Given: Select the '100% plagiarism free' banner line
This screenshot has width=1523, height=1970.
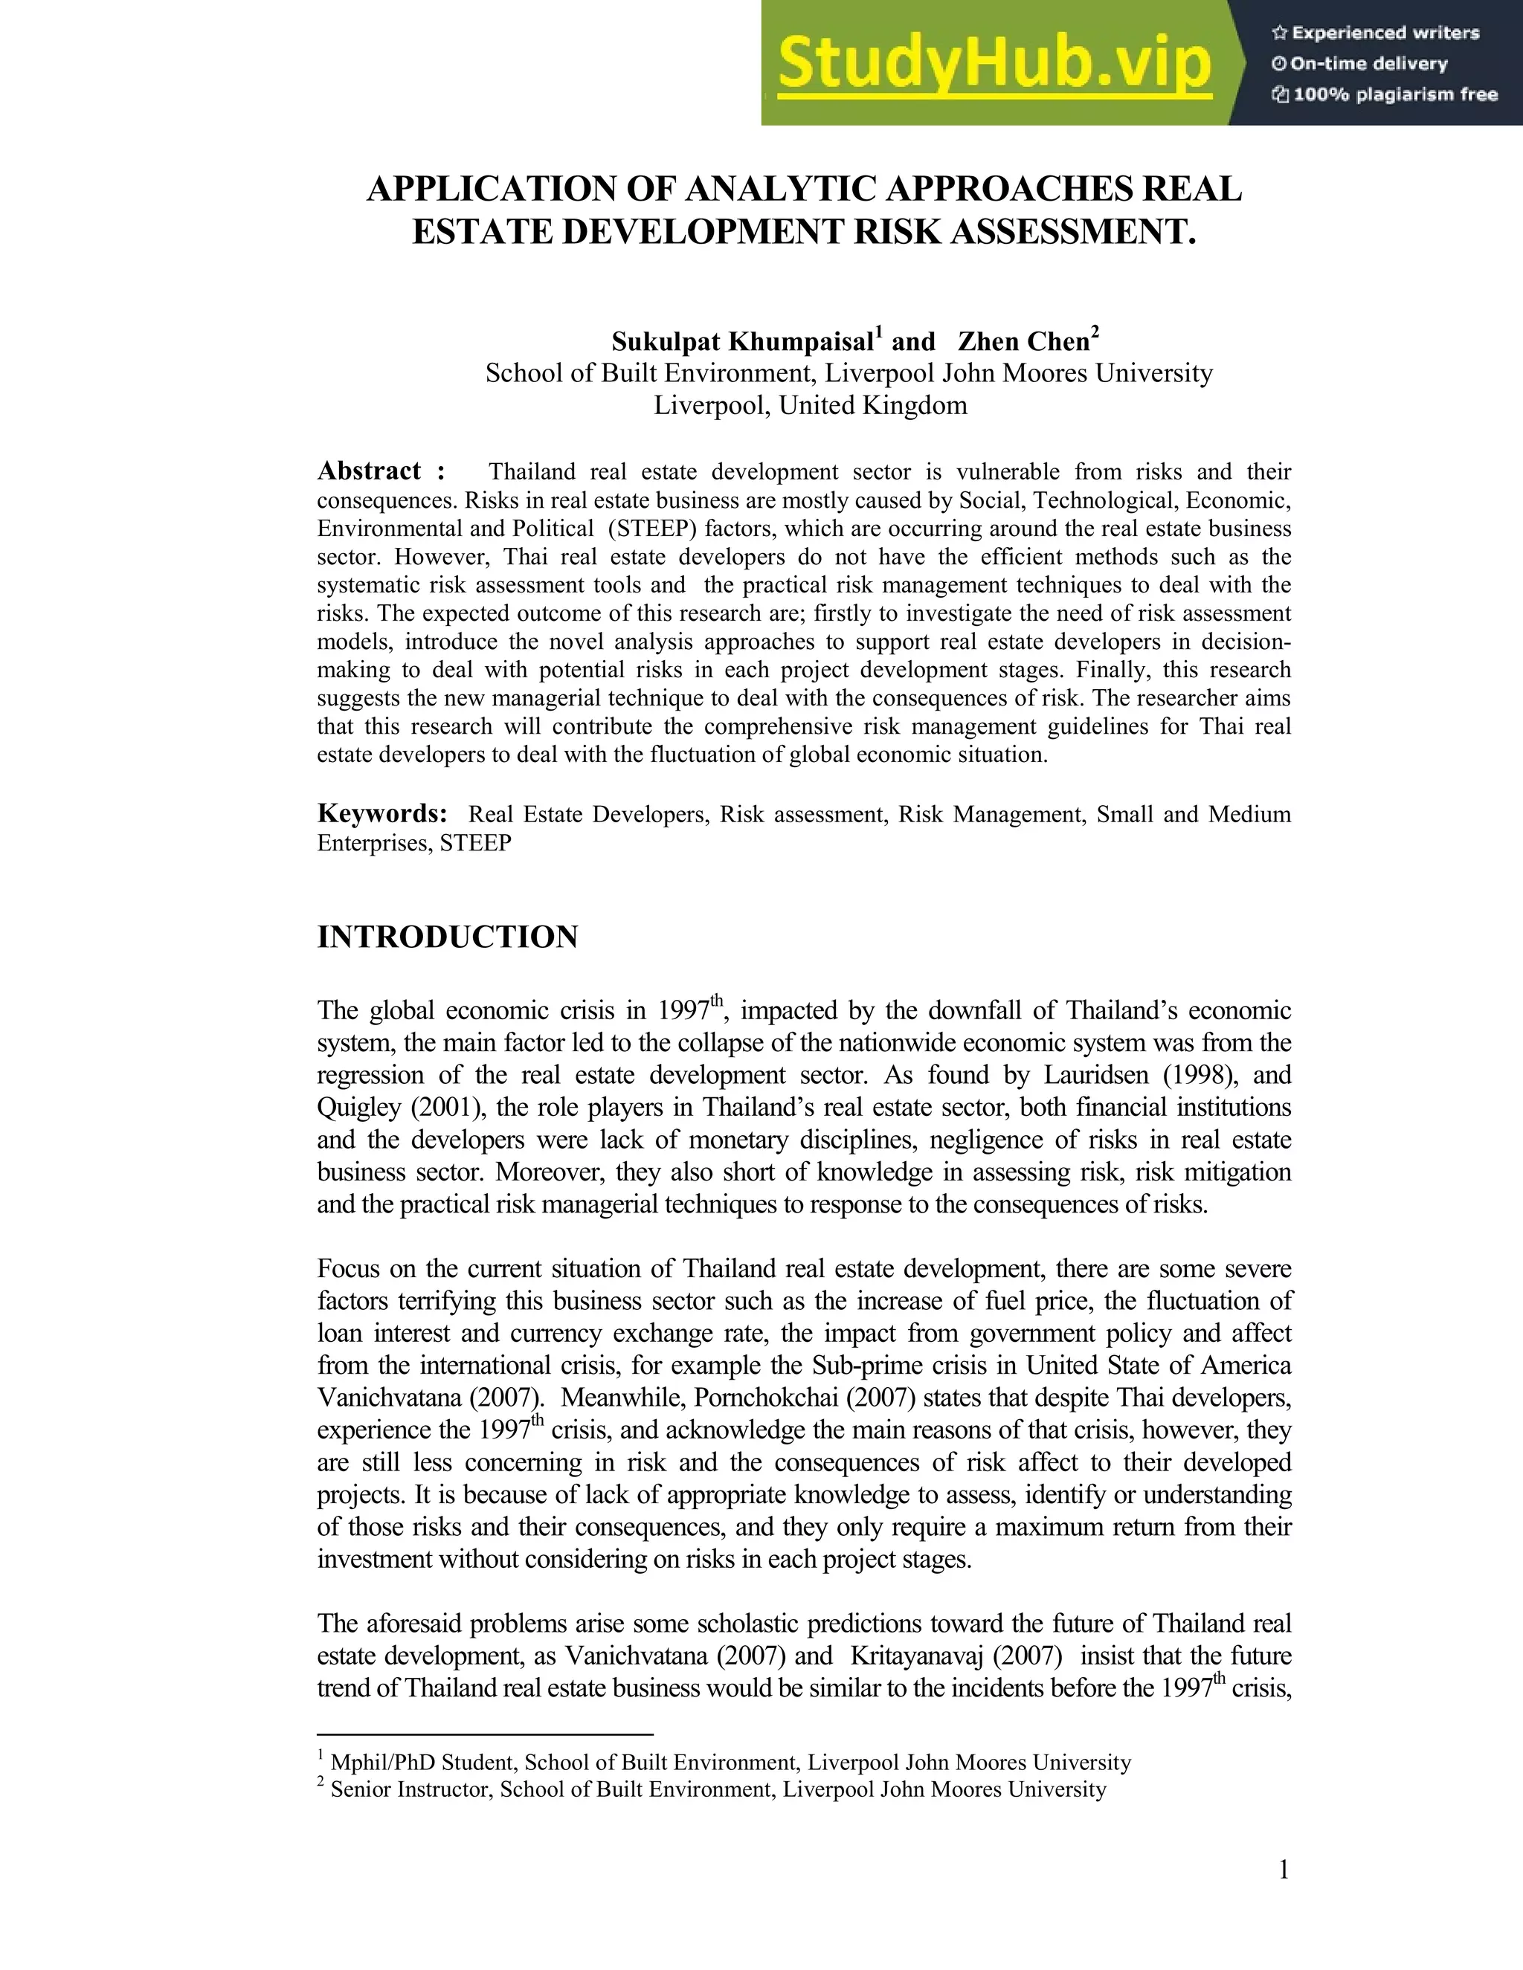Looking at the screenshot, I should pos(1384,94).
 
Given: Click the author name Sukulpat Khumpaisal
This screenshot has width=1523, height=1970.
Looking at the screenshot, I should pos(741,342).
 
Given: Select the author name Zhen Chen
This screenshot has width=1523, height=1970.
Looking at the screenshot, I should pos(1023,342).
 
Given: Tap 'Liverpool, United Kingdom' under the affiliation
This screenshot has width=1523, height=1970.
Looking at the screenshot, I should pos(811,406).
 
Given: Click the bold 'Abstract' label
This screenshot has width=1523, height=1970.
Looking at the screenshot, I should pos(369,471).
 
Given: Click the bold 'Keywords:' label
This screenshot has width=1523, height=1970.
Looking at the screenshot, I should pos(382,813).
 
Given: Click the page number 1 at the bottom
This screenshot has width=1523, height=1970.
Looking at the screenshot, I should pos(1283,1872).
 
